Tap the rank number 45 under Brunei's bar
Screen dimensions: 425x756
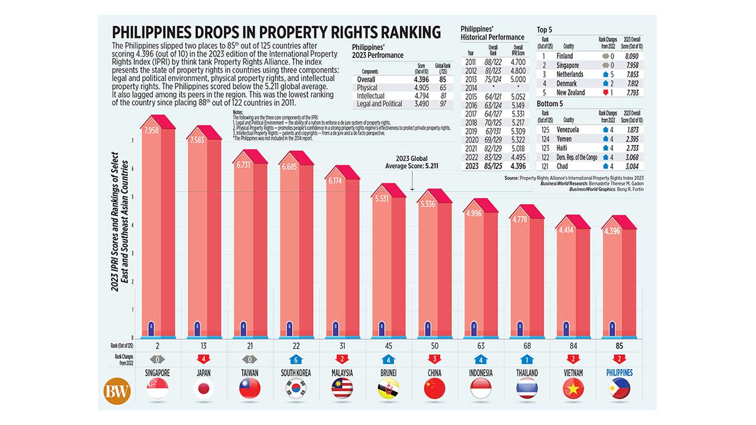click(x=388, y=345)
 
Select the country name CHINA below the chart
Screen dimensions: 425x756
click(x=434, y=373)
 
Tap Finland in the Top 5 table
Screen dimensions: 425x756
click(x=565, y=56)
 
